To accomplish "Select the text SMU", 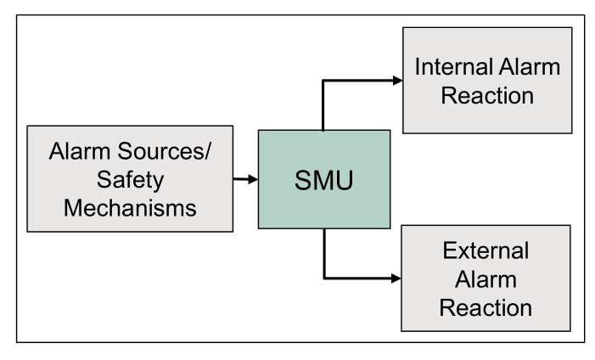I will click(323, 181).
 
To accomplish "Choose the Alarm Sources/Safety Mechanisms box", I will click(129, 180).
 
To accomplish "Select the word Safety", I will click(129, 180).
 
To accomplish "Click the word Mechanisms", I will click(129, 207).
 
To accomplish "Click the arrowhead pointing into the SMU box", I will click(252, 179).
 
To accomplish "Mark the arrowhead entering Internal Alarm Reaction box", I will click(396, 81).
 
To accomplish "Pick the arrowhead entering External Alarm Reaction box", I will click(396, 277).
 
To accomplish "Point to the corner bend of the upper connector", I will click(323, 81).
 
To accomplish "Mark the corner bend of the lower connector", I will click(323, 277).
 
